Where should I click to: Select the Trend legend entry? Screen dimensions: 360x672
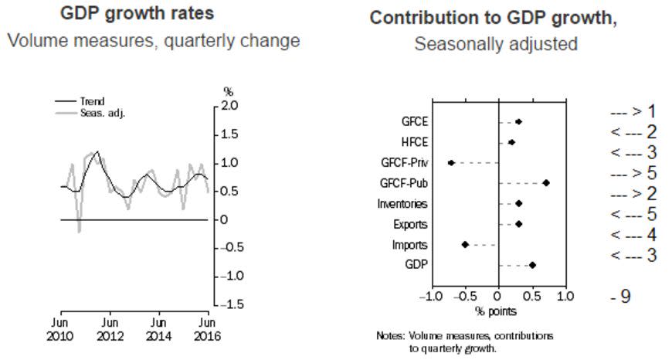tap(92, 101)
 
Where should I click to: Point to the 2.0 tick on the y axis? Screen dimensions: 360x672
tap(229, 105)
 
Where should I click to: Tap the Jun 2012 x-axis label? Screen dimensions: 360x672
tap(110, 328)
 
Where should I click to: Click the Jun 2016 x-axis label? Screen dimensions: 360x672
tap(206, 328)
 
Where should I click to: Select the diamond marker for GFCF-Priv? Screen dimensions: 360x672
tap(451, 163)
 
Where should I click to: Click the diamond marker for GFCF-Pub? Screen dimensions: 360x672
tap(546, 183)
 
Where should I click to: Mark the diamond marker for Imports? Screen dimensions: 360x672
tap(465, 244)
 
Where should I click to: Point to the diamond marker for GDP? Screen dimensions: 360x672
tap(532, 265)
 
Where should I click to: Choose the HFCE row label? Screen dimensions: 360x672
tap(414, 143)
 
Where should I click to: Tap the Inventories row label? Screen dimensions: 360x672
tap(402, 204)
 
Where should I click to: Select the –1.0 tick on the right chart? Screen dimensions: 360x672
tap(430, 297)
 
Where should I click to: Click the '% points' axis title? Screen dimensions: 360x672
tap(496, 311)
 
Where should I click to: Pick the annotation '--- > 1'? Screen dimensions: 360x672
tap(633, 112)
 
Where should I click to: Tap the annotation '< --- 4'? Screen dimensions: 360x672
tap(633, 234)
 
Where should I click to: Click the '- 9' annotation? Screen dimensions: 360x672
tap(620, 296)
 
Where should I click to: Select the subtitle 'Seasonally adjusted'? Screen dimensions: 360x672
tap(496, 44)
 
